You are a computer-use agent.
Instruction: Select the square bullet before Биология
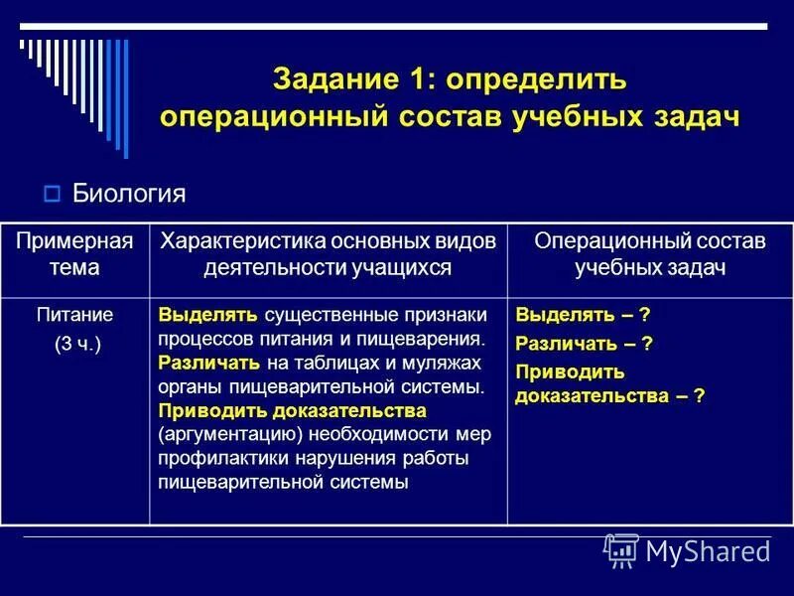(x=54, y=192)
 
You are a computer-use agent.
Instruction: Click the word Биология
(x=129, y=192)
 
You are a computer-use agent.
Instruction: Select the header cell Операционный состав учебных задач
(x=650, y=255)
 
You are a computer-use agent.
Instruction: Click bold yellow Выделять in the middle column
(x=207, y=315)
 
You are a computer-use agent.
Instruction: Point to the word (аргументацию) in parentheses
(x=228, y=434)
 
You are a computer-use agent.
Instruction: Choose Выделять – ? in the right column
(x=583, y=315)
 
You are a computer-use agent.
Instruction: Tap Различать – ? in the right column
(x=584, y=343)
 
